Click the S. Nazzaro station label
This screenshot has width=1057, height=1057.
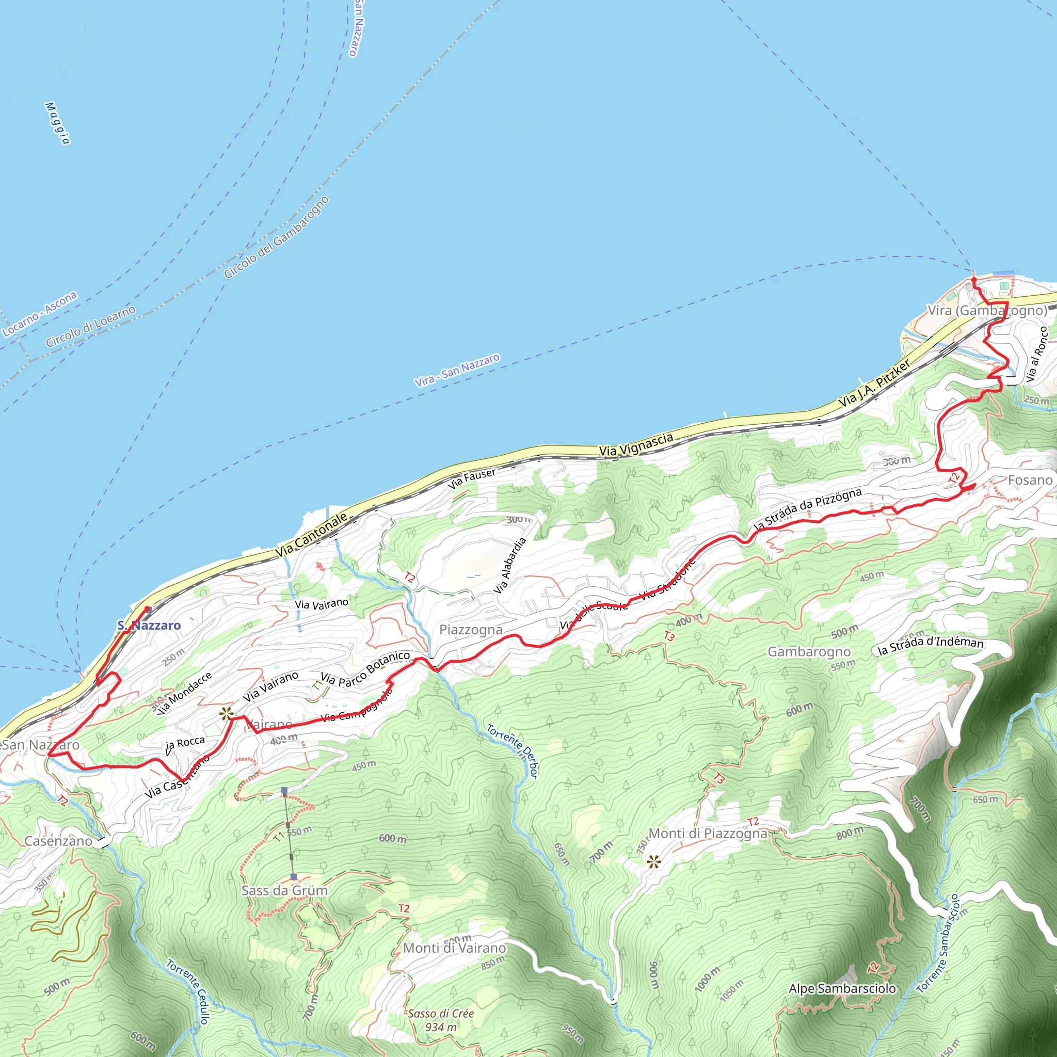[149, 626]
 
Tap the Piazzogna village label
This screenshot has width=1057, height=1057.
[471, 630]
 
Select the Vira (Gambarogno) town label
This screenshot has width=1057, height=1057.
[987, 310]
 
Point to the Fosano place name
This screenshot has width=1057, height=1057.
[1030, 481]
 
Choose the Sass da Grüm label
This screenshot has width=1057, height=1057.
[284, 891]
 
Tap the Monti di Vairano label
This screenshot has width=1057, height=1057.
[454, 948]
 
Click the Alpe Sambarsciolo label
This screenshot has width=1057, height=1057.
[842, 988]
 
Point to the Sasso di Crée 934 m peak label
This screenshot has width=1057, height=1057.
[440, 1020]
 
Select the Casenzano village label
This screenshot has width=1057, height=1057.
[58, 841]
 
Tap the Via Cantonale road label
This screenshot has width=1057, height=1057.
[311, 535]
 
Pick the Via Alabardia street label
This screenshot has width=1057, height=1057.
[509, 565]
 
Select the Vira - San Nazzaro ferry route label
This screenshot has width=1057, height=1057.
[457, 371]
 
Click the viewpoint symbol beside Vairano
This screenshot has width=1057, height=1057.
[226, 713]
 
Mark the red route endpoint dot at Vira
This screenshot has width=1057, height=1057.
[974, 280]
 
